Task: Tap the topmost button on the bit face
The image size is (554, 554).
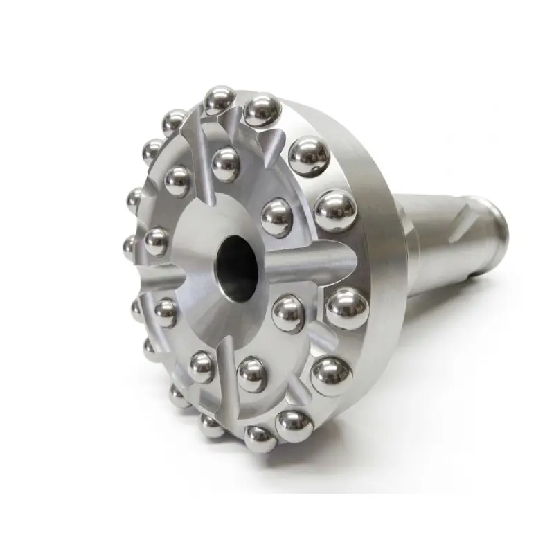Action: [x=220, y=100]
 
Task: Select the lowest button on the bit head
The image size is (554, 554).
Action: [x=261, y=438]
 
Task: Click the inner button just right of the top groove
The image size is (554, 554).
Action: [x=226, y=165]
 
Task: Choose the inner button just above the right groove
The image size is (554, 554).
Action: [x=276, y=216]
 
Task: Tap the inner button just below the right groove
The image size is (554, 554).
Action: [x=288, y=313]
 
